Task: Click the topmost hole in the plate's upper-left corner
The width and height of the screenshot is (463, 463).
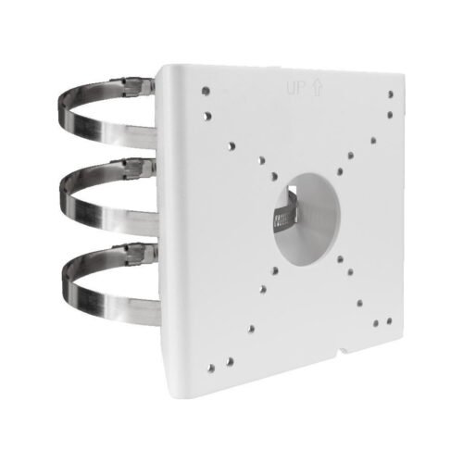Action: pyautogui.click(x=205, y=92)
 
